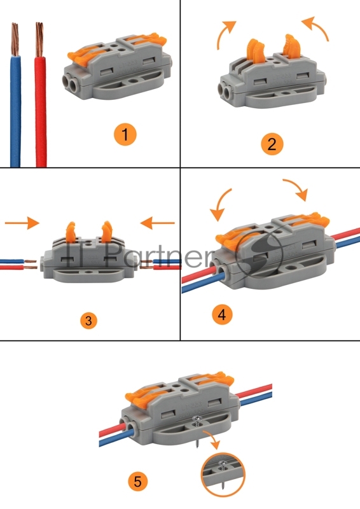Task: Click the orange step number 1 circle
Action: tap(125, 134)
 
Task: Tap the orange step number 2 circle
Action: tap(272, 144)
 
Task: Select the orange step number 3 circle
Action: tap(88, 321)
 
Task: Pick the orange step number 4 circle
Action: tap(223, 314)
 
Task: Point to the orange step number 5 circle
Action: tap(137, 481)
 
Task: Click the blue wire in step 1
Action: tap(15, 110)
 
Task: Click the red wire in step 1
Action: tap(41, 111)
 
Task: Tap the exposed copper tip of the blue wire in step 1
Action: tap(15, 39)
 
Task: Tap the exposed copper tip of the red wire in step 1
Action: tap(39, 39)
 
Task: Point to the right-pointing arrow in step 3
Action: tap(22, 223)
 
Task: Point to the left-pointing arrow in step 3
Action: tap(158, 223)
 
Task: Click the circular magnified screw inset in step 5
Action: tap(223, 475)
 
